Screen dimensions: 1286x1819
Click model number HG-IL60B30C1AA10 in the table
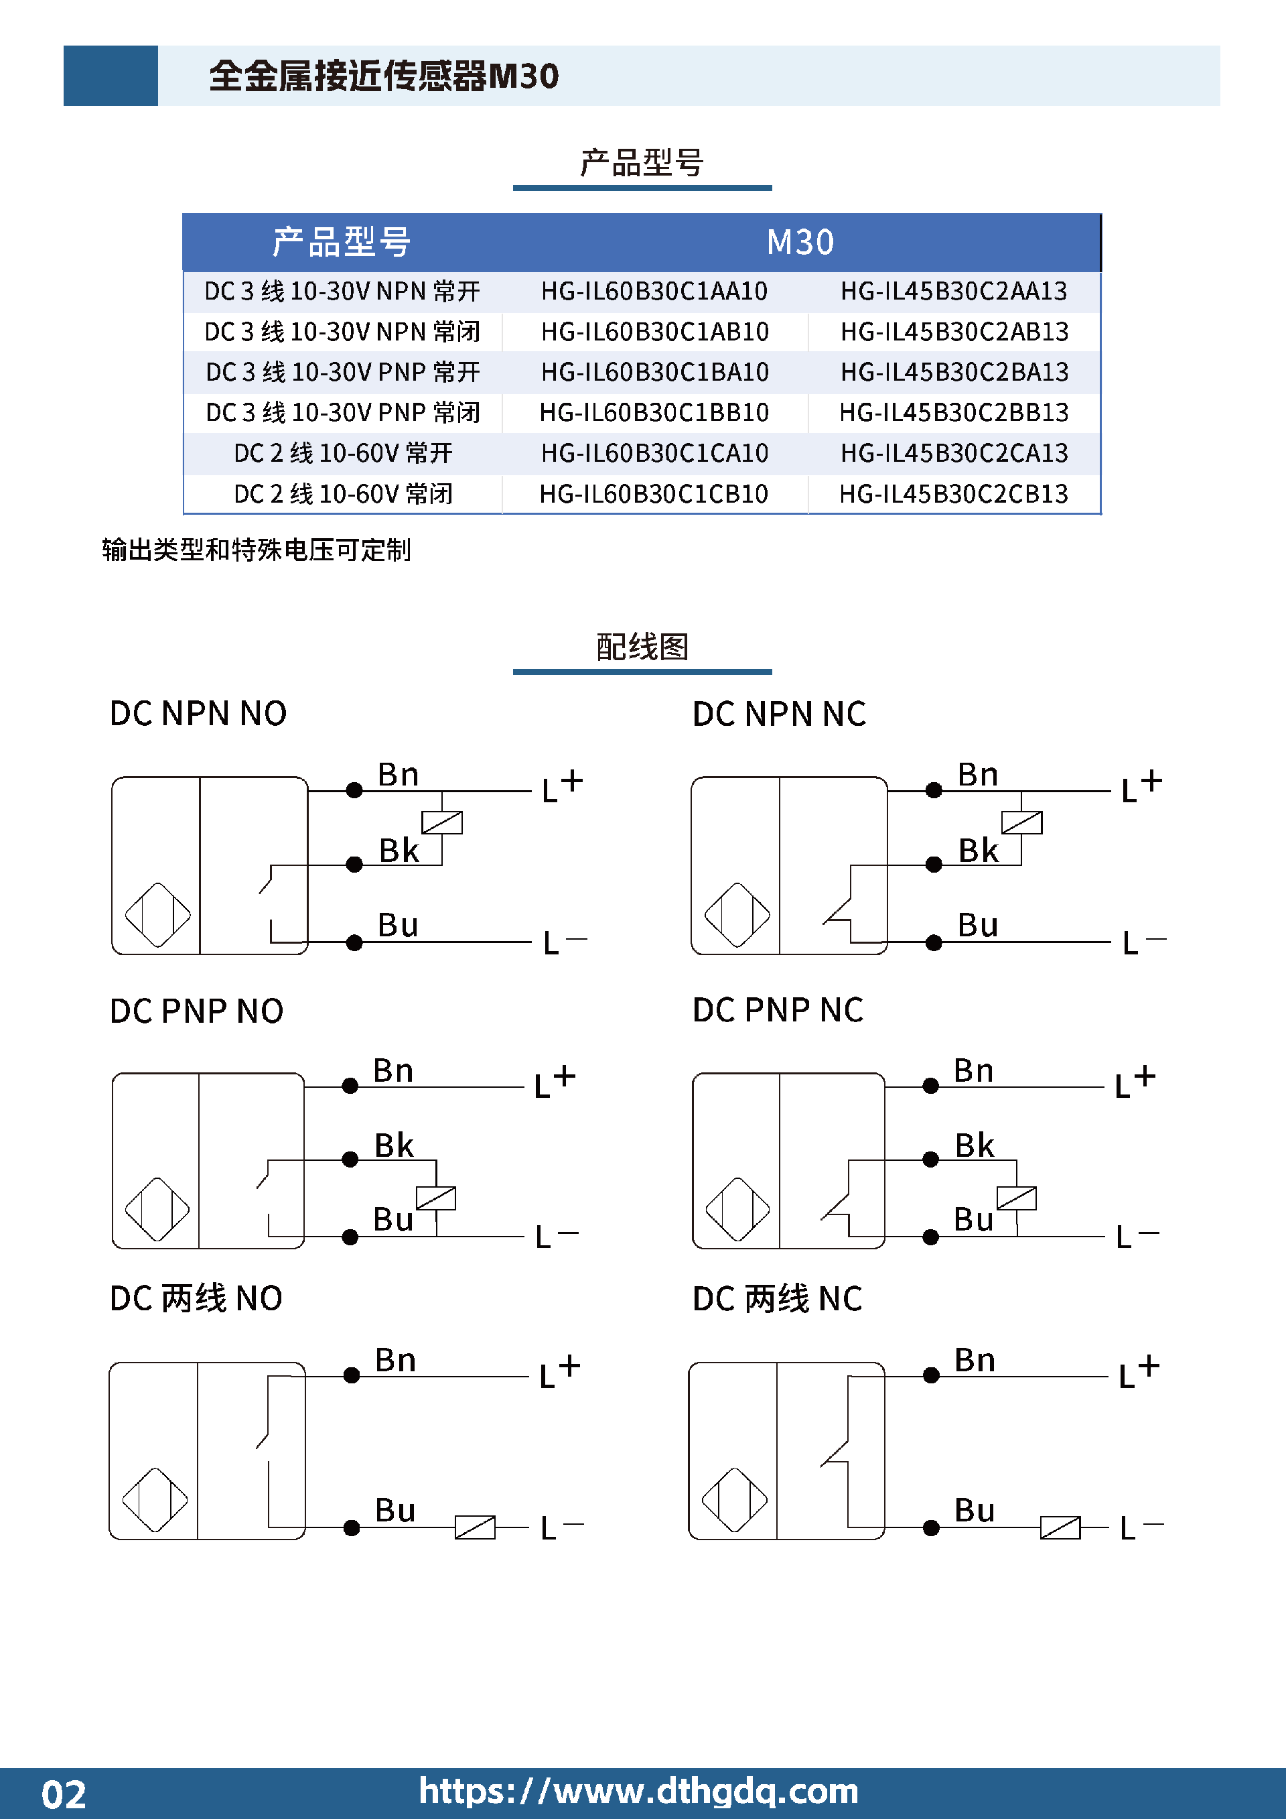pyautogui.click(x=654, y=292)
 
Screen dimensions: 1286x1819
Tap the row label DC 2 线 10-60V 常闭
pyautogui.click(x=343, y=495)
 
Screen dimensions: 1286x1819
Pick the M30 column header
pyautogui.click(x=800, y=243)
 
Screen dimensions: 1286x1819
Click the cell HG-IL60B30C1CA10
pyautogui.click(x=654, y=453)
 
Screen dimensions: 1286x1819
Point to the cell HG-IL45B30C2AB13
pyautogui.click(x=954, y=332)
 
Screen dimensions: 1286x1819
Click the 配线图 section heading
pyautogui.click(x=642, y=647)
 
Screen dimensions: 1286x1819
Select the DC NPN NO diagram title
pyautogui.click(x=198, y=714)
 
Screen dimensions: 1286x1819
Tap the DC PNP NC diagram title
pyautogui.click(x=778, y=1010)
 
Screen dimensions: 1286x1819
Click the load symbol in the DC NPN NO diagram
pyautogui.click(x=442, y=822)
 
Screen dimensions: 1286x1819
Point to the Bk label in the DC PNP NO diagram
pyautogui.click(x=394, y=1145)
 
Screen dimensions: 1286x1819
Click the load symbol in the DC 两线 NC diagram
pyautogui.click(x=1060, y=1527)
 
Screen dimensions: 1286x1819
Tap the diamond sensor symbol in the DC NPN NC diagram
pyautogui.click(x=737, y=915)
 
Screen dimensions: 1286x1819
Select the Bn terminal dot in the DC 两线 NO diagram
pyautogui.click(x=352, y=1376)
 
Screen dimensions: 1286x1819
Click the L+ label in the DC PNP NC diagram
pyautogui.click(x=1135, y=1080)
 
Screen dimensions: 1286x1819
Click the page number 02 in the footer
pyautogui.click(x=64, y=1794)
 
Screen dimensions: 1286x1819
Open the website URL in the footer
pyautogui.click(x=638, y=1792)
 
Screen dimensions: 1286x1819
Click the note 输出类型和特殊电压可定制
pyautogui.click(x=257, y=550)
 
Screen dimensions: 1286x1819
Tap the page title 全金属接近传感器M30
pyautogui.click(x=384, y=76)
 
